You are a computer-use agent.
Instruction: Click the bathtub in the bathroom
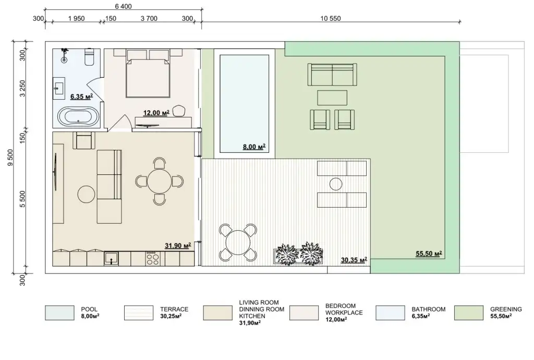(78, 117)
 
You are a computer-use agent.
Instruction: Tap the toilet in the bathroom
(89, 57)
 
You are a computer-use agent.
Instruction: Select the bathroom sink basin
(59, 88)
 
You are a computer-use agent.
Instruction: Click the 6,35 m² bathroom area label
(82, 97)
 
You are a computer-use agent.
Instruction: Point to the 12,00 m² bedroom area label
(156, 113)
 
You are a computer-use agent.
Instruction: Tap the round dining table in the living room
(160, 181)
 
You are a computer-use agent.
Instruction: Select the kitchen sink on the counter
(112, 259)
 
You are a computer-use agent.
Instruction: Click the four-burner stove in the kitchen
(152, 259)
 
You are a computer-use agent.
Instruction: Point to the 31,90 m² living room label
(178, 246)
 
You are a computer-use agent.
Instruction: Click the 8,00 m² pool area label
(254, 147)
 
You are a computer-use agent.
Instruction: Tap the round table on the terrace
(238, 243)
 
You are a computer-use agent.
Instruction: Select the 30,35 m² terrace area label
(354, 260)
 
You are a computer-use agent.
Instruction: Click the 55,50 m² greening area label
(429, 254)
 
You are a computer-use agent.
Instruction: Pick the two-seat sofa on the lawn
(332, 75)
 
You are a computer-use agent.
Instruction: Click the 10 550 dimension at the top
(330, 18)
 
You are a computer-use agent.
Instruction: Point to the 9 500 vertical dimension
(10, 158)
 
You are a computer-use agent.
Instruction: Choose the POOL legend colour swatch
(59, 313)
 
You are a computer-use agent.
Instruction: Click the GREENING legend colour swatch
(469, 313)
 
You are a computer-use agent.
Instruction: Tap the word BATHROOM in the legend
(429, 309)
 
